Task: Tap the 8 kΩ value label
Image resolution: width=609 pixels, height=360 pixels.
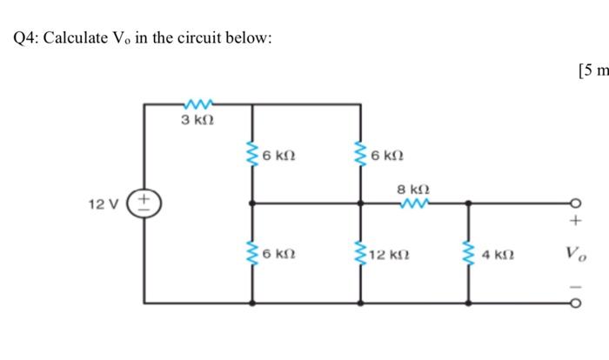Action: (413, 188)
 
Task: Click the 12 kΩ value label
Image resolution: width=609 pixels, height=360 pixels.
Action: (388, 255)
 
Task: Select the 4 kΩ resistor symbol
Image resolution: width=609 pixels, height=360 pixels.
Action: (469, 254)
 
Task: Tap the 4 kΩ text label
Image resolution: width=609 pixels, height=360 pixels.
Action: (499, 255)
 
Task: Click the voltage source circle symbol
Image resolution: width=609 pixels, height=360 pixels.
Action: (144, 203)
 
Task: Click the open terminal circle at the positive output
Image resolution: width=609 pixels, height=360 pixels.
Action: (574, 203)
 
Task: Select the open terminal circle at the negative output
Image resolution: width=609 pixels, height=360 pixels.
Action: (574, 304)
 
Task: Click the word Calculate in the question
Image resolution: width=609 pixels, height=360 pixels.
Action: (77, 38)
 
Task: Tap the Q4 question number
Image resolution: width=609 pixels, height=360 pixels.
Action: (26, 38)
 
